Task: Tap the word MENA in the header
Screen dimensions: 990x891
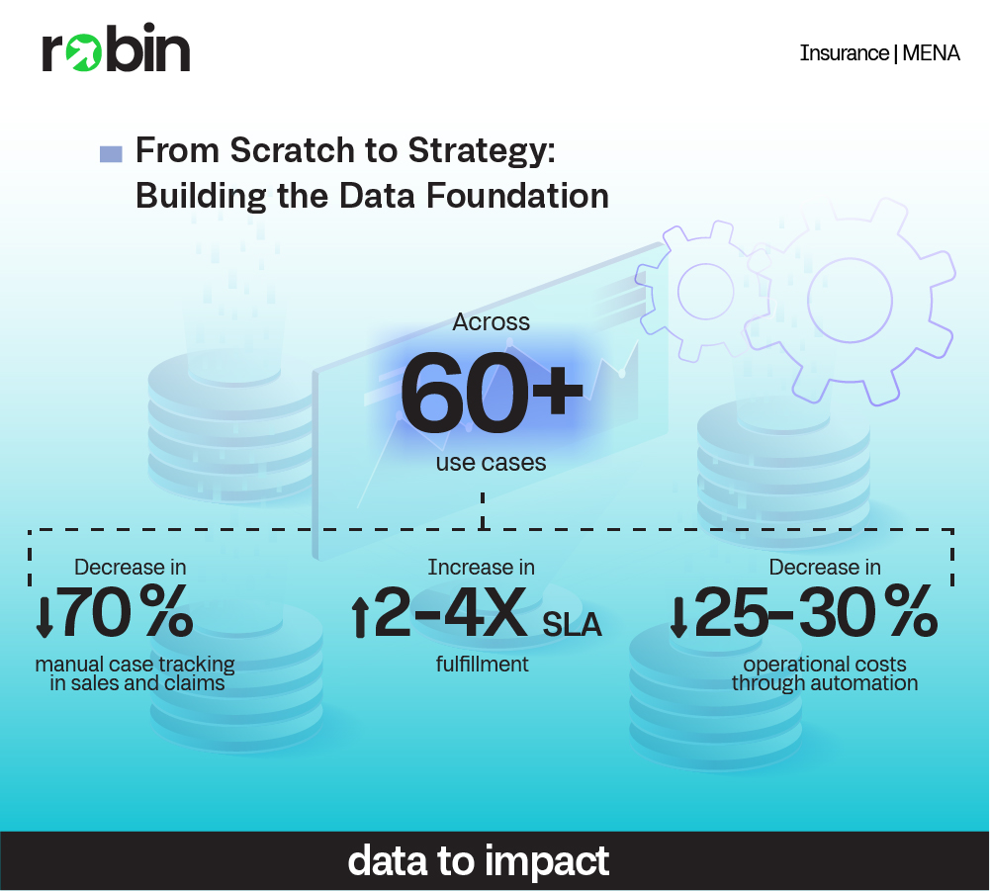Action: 931,53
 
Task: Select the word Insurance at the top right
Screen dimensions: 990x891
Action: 845,53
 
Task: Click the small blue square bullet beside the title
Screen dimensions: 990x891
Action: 111,154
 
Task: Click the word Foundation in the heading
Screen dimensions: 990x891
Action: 517,196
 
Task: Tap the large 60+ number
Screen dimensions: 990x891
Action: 492,393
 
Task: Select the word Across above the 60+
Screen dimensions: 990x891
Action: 491,322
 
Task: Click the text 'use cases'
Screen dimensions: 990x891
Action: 491,462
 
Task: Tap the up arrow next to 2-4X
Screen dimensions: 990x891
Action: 359,618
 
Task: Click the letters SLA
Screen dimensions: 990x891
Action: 572,625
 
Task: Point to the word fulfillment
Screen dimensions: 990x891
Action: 482,665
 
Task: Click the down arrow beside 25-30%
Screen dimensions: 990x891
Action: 678,616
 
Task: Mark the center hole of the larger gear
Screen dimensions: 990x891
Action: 850,300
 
